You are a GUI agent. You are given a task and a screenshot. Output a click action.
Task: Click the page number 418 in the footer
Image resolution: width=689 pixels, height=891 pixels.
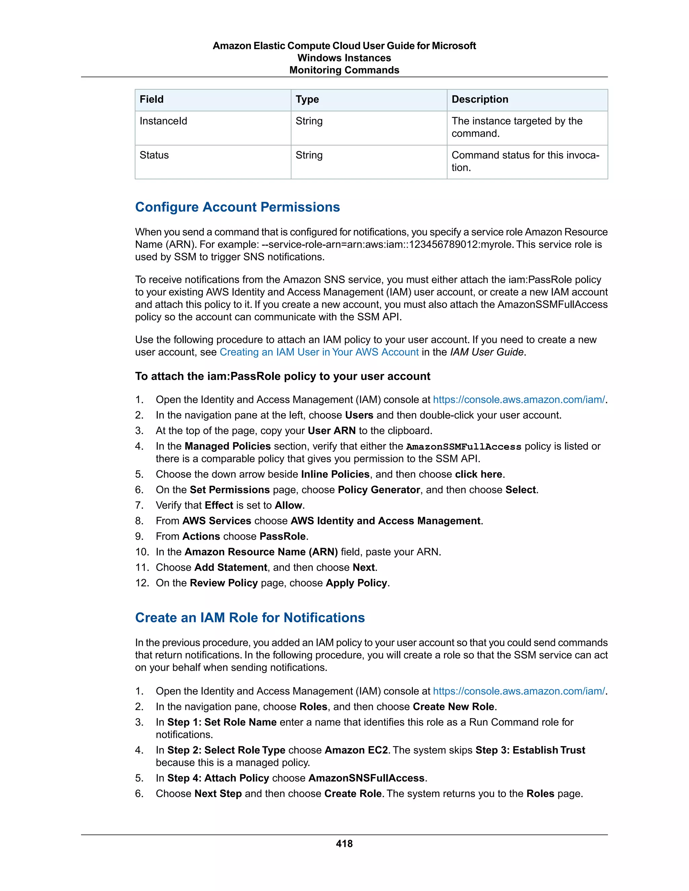pos(344,843)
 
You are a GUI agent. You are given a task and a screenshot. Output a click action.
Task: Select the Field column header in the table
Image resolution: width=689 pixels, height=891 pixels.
pos(151,100)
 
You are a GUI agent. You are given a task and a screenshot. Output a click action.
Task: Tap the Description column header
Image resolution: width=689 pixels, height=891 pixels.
pos(480,100)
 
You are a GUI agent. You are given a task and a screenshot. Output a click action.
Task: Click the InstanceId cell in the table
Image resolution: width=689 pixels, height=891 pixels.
pos(163,121)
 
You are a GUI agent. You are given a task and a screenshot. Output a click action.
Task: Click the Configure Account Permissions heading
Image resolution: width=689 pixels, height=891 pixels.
pos(237,207)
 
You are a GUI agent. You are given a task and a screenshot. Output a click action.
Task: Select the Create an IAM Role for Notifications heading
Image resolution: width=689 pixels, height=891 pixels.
pos(250,617)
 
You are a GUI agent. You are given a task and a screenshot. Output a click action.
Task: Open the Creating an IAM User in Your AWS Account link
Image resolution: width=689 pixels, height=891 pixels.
pos(319,352)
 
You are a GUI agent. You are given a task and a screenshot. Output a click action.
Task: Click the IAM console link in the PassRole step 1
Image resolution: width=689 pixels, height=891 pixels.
pos(519,399)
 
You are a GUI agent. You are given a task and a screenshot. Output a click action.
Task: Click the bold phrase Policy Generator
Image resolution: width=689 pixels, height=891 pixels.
pos(379,490)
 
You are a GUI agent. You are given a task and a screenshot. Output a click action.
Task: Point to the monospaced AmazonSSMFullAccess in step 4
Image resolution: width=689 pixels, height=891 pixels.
pos(463,447)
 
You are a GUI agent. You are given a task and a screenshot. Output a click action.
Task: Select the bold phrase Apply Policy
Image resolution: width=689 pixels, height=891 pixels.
pos(356,583)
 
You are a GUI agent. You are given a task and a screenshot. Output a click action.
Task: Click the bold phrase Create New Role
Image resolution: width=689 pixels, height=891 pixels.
pos(453,707)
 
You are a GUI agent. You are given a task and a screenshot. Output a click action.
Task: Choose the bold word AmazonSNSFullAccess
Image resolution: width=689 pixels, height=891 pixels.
pos(367,778)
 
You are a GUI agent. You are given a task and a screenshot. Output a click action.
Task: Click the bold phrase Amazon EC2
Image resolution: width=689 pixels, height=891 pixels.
pos(356,750)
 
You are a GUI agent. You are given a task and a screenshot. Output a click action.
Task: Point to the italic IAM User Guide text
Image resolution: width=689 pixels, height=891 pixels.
pos(486,352)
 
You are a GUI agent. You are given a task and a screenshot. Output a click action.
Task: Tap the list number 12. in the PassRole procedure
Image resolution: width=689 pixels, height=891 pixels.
pos(142,583)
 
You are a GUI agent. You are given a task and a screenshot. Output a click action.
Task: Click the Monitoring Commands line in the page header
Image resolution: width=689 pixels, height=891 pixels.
pos(344,70)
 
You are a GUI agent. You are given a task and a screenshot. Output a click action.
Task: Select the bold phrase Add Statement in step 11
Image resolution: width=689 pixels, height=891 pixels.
pos(230,568)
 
